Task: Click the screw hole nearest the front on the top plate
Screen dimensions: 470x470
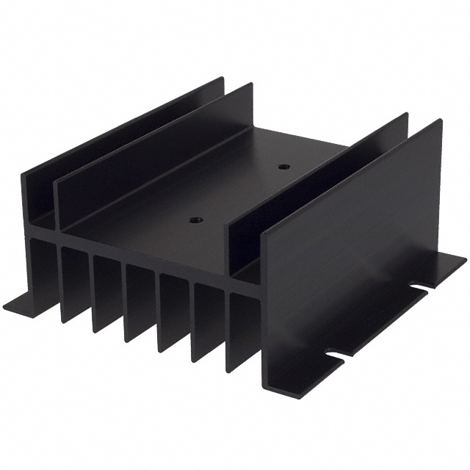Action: (x=195, y=220)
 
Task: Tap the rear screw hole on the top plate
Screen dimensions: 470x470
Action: (x=284, y=167)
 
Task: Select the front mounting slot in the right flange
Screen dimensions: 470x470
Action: (x=335, y=358)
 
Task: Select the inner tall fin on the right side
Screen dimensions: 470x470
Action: (x=316, y=191)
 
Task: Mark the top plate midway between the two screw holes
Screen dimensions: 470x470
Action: (x=240, y=193)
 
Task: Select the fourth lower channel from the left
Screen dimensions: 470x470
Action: (x=140, y=301)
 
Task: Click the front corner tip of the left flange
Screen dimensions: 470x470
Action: (x=6, y=307)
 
